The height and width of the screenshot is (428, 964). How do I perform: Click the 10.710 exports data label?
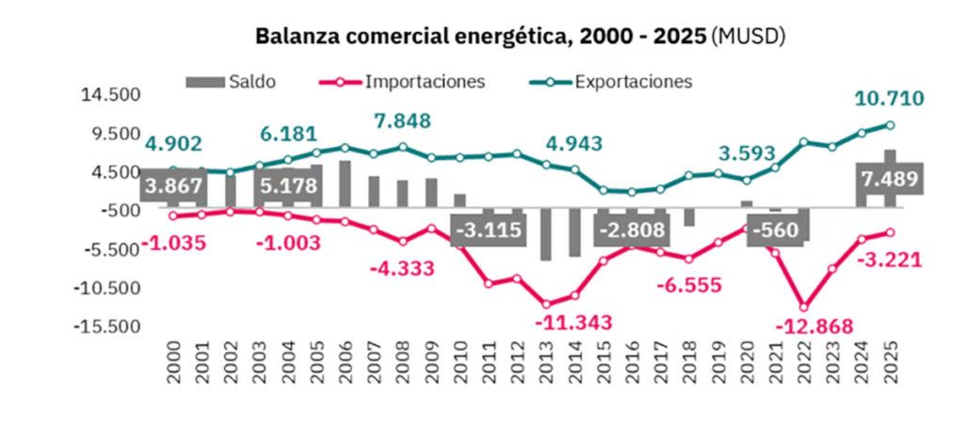tap(889, 98)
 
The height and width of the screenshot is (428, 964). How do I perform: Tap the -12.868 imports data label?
tap(814, 326)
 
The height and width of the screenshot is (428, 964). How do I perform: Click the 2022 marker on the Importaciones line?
tap(803, 307)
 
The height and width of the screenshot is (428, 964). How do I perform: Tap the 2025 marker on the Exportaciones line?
tap(890, 125)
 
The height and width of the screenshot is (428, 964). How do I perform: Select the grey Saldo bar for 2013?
tap(546, 235)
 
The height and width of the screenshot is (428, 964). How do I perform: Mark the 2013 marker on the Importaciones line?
tap(546, 303)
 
